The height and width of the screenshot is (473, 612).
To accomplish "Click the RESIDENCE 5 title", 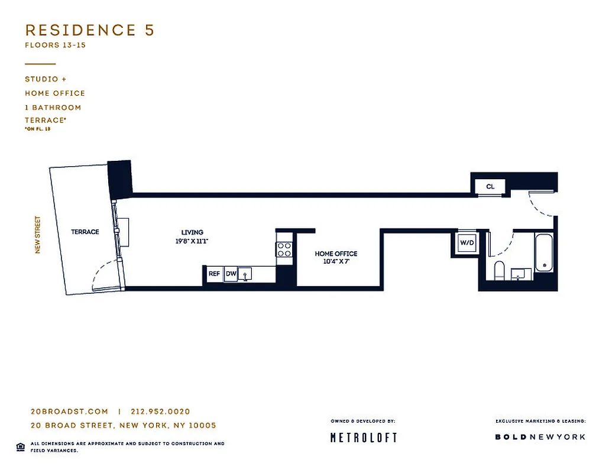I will point(89,31).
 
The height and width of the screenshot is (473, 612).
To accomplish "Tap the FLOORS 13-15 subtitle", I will point(55,45).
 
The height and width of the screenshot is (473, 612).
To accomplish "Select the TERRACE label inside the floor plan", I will point(85,232).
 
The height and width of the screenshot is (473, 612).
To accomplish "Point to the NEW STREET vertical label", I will point(38,235).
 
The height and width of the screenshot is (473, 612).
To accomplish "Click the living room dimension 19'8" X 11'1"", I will point(192,241).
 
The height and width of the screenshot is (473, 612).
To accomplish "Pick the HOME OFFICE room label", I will point(336,254).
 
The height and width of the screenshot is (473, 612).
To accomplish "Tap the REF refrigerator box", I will point(214,274).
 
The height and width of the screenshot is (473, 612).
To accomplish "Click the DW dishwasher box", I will point(231,274).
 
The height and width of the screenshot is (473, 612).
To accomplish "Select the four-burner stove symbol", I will point(284,250).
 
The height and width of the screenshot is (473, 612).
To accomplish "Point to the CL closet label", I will point(490,186).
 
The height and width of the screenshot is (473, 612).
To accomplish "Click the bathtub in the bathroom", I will point(544,253).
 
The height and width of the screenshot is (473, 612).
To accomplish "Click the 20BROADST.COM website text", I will point(69,412).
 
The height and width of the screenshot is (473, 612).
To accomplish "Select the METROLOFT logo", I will point(363,438).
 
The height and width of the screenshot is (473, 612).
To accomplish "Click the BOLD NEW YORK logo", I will point(540,437).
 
